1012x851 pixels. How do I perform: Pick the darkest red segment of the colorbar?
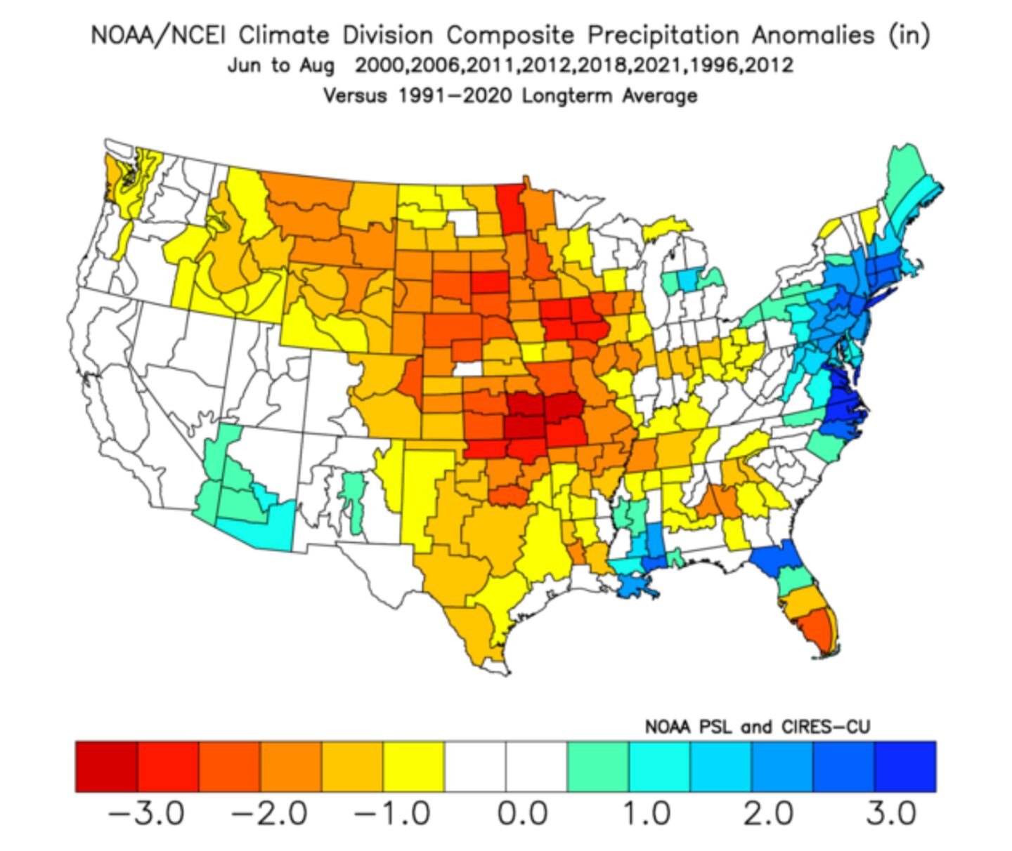tap(106, 766)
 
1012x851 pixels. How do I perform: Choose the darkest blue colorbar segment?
tap(905, 766)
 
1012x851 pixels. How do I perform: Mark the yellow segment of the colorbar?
tap(414, 766)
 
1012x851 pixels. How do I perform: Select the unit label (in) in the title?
tap(909, 35)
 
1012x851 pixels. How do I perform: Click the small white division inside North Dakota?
tap(463, 222)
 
